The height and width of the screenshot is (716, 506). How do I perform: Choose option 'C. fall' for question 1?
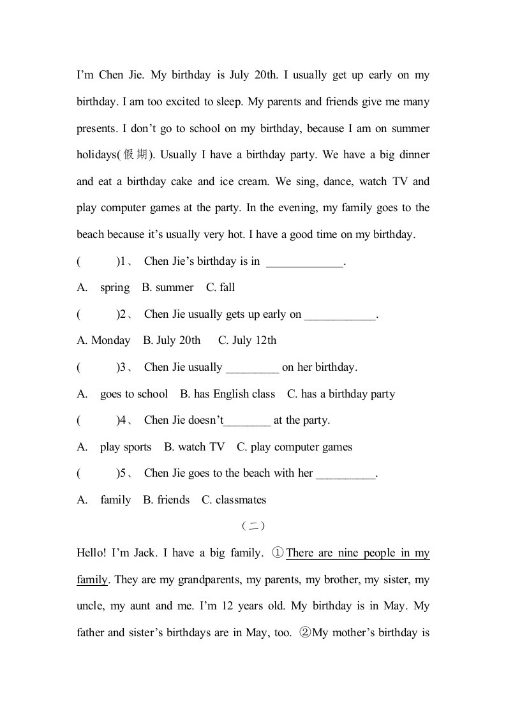coord(220,288)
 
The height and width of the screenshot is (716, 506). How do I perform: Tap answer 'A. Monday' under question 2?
coord(103,341)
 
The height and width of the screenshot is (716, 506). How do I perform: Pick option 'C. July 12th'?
coord(247,341)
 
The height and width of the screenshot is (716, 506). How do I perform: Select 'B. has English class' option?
coord(227,394)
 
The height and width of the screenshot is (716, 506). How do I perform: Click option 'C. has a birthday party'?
coord(341,394)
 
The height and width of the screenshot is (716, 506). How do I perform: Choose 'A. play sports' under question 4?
coord(114,447)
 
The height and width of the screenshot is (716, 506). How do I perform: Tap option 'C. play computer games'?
coord(294,447)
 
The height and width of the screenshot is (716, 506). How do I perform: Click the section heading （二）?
coord(253,526)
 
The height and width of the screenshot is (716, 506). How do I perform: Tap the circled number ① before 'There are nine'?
coord(278,553)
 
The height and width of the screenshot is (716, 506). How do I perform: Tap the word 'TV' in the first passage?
coord(399,181)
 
